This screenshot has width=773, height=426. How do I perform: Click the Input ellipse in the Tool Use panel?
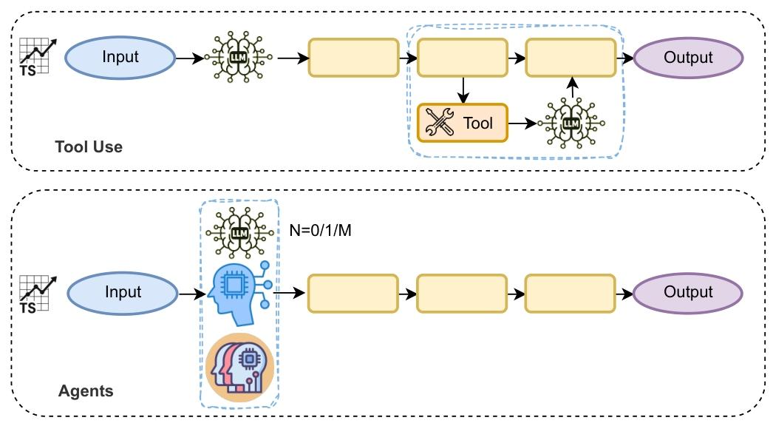click(x=120, y=58)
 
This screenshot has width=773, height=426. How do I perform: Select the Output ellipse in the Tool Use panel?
click(x=688, y=58)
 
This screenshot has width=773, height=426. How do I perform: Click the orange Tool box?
click(x=463, y=123)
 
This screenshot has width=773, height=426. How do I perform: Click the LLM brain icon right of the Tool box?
click(x=571, y=123)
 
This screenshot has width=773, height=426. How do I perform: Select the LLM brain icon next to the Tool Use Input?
click(x=238, y=58)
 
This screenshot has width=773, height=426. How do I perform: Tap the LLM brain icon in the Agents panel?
click(x=238, y=231)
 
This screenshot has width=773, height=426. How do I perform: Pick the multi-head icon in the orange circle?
click(x=239, y=367)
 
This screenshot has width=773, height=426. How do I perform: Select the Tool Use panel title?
click(x=89, y=146)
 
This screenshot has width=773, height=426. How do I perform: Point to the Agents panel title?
click(x=86, y=390)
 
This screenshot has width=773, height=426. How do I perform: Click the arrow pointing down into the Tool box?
click(x=463, y=90)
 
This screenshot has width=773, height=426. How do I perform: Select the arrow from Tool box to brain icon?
click(x=522, y=124)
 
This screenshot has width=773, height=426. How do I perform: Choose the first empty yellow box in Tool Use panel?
click(x=353, y=58)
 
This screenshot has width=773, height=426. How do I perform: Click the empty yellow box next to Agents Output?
click(x=570, y=293)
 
